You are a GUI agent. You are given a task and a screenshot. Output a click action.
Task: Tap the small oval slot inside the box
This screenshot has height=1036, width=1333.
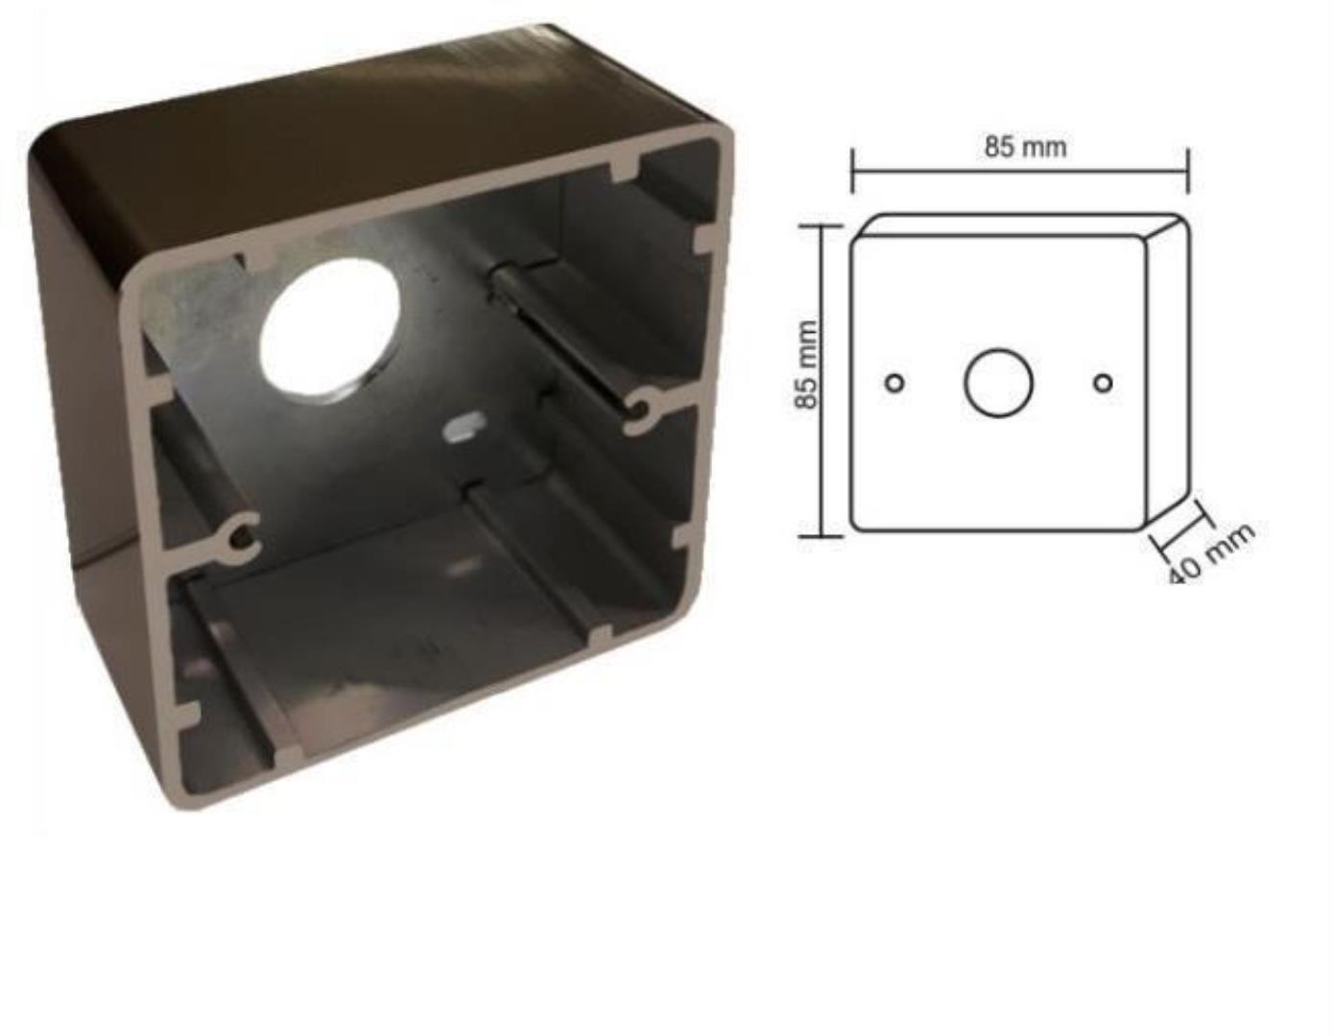coord(464,426)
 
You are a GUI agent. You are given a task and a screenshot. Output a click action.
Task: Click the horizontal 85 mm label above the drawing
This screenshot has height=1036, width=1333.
coord(1026,147)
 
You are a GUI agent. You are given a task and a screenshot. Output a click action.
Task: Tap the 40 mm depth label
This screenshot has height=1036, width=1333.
coord(1211,555)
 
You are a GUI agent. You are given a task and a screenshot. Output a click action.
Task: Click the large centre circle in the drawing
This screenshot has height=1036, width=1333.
coord(999,383)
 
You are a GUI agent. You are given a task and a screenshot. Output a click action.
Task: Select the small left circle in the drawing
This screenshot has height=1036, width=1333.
coord(895,383)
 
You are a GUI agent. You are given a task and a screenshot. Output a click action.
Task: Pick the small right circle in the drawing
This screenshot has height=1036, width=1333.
coord(1103,383)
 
